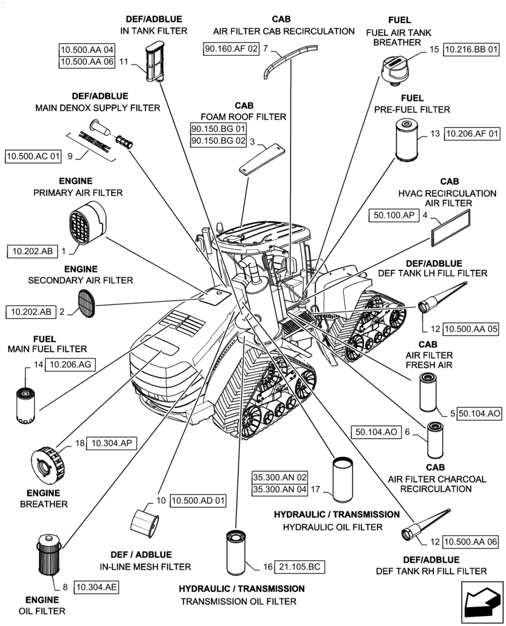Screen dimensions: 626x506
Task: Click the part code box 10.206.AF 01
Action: tap(472, 133)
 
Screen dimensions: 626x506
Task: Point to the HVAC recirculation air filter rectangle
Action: tap(450, 228)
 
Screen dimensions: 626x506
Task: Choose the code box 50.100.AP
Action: tap(395, 215)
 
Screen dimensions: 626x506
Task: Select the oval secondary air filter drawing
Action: tap(87, 304)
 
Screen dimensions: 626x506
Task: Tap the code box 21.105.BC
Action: tap(299, 567)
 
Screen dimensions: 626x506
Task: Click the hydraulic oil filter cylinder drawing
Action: tap(343, 479)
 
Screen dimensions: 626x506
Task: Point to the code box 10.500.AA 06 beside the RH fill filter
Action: tap(471, 542)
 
